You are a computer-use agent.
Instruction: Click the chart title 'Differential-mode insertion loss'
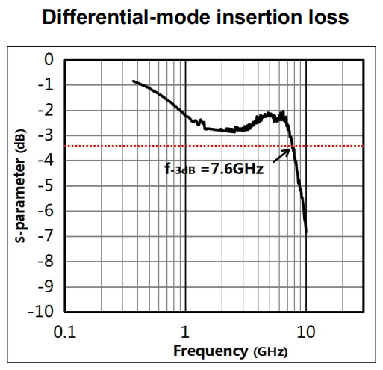coord(196,17)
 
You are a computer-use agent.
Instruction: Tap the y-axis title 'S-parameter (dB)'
coord(20,185)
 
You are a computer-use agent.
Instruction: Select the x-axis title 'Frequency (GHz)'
coord(231,351)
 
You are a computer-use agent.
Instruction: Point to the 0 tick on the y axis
coord(49,60)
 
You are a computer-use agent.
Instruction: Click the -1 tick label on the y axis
coord(46,84)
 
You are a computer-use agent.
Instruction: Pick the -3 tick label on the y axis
coord(46,135)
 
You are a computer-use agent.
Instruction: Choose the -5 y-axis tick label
coord(46,185)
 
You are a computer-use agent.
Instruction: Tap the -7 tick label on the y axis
coord(46,236)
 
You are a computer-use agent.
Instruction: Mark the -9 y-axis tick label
coord(46,286)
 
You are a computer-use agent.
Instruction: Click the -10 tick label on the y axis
coord(41,312)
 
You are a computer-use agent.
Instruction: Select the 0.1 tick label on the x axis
coord(65,332)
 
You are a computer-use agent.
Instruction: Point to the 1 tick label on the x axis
coord(185,332)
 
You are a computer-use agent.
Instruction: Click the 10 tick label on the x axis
coord(306,332)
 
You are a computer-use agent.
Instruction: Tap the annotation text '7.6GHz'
coord(237,169)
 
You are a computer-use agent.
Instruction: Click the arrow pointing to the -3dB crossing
coord(281,155)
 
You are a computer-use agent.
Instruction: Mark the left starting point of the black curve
coord(134,81)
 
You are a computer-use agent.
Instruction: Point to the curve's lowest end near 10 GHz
coord(306,232)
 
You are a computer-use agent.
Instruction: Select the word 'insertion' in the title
coord(259,17)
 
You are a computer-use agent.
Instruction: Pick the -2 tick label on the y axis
coord(46,110)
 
